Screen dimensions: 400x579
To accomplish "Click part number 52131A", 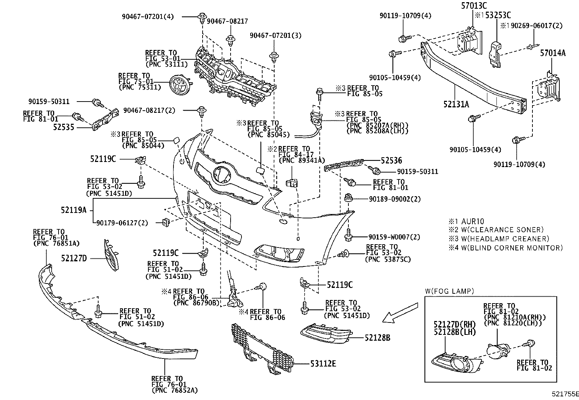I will [456, 104].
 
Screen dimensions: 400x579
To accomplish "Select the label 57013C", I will [474, 5].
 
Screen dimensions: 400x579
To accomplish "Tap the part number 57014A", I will [552, 53].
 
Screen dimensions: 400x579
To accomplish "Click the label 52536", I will [391, 161].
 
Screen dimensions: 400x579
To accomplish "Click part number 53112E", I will [323, 363].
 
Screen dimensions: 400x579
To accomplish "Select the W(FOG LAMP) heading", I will [449, 291].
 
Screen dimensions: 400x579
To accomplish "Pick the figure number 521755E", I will [564, 394].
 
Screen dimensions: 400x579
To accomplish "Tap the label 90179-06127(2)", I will [122, 223].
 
